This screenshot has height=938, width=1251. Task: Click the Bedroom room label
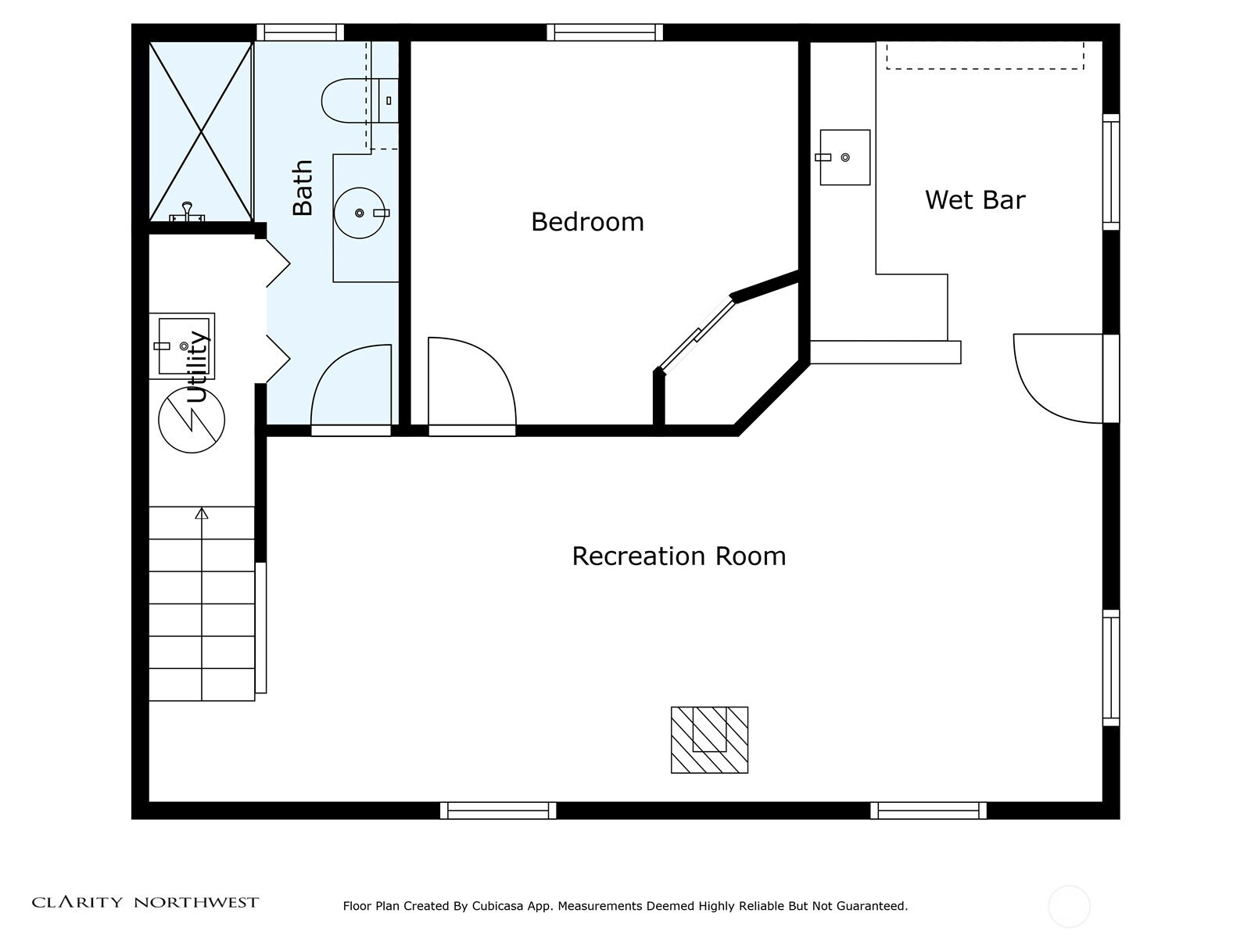pyautogui.click(x=587, y=222)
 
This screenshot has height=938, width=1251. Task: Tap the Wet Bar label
pyautogui.click(x=974, y=200)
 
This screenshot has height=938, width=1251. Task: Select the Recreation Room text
pyautogui.click(x=679, y=557)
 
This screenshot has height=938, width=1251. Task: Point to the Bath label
pyautogui.click(x=303, y=188)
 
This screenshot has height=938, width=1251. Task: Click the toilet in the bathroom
pyautogui.click(x=360, y=101)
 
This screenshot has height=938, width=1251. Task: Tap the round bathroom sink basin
pyautogui.click(x=360, y=213)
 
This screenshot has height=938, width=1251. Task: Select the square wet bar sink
pyautogui.click(x=844, y=157)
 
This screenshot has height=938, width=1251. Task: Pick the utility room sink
pyautogui.click(x=182, y=345)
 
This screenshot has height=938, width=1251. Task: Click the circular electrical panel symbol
pyautogui.click(x=192, y=421)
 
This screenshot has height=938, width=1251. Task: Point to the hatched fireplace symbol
pyautogui.click(x=709, y=739)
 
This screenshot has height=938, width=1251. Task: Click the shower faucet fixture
pyautogui.click(x=187, y=212)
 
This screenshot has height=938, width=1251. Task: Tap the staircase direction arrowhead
pyautogui.click(x=202, y=514)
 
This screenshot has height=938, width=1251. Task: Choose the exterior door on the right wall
pyautogui.click(x=1111, y=379)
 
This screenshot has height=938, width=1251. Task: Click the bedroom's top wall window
pyautogui.click(x=604, y=33)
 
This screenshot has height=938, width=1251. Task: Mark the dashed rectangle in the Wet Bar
pyautogui.click(x=985, y=55)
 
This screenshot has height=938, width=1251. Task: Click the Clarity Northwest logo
pyautogui.click(x=145, y=902)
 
